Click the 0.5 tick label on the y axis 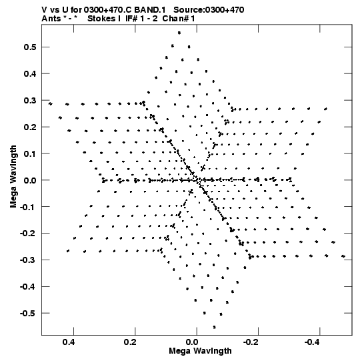pos(30,47)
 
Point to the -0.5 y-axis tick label pos(28,313)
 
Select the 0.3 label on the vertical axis pos(30,100)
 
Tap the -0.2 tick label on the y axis pos(28,234)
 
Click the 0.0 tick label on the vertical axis pos(30,180)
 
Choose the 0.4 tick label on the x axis pos(69,342)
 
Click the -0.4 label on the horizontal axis pos(312,342)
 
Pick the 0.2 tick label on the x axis pos(131,342)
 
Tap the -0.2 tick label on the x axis pos(251,342)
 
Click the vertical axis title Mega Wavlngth pos(13,177)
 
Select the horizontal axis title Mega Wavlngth pos(200,351)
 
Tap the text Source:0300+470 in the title pos(209,10)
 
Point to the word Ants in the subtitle pos(51,19)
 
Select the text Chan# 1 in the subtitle pos(179,19)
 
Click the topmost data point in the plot pos(179,33)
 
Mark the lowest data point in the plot pos(215,327)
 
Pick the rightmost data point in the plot pos(343,256)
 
